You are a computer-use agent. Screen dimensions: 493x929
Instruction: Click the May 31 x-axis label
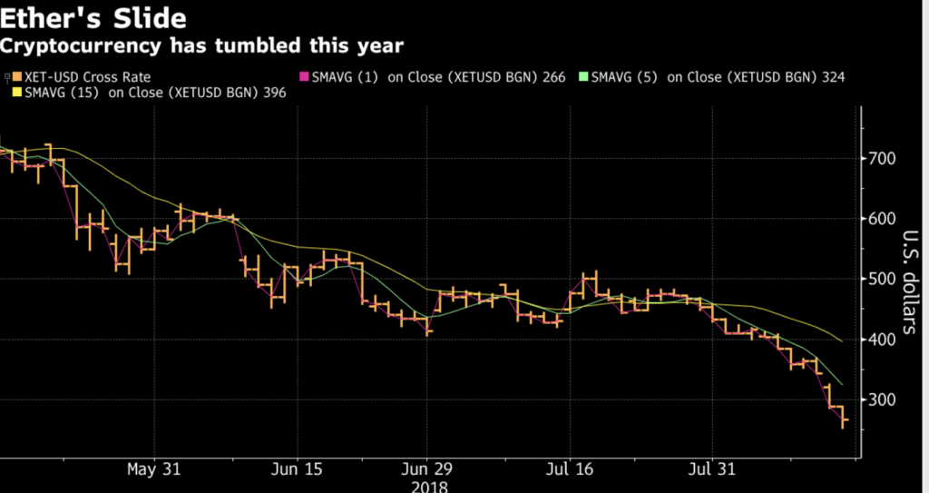click(154, 471)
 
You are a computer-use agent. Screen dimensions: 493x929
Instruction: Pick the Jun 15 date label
click(297, 471)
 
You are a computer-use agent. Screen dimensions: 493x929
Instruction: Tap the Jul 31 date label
click(711, 471)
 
